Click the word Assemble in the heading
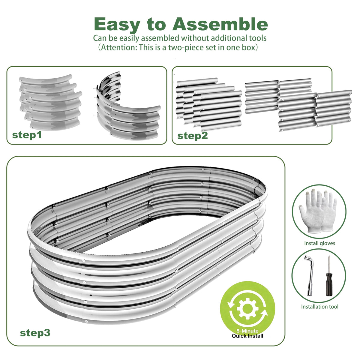[x=220, y=24]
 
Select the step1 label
[x=27, y=135]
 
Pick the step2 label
[x=192, y=136]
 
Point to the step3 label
[x=35, y=333]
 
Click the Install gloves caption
[x=319, y=243]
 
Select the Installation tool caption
[x=319, y=307]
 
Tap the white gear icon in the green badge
[x=247, y=308]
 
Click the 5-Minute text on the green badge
[x=247, y=331]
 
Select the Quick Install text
[x=247, y=336]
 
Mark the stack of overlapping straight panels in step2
[x=209, y=104]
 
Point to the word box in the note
[x=248, y=47]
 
